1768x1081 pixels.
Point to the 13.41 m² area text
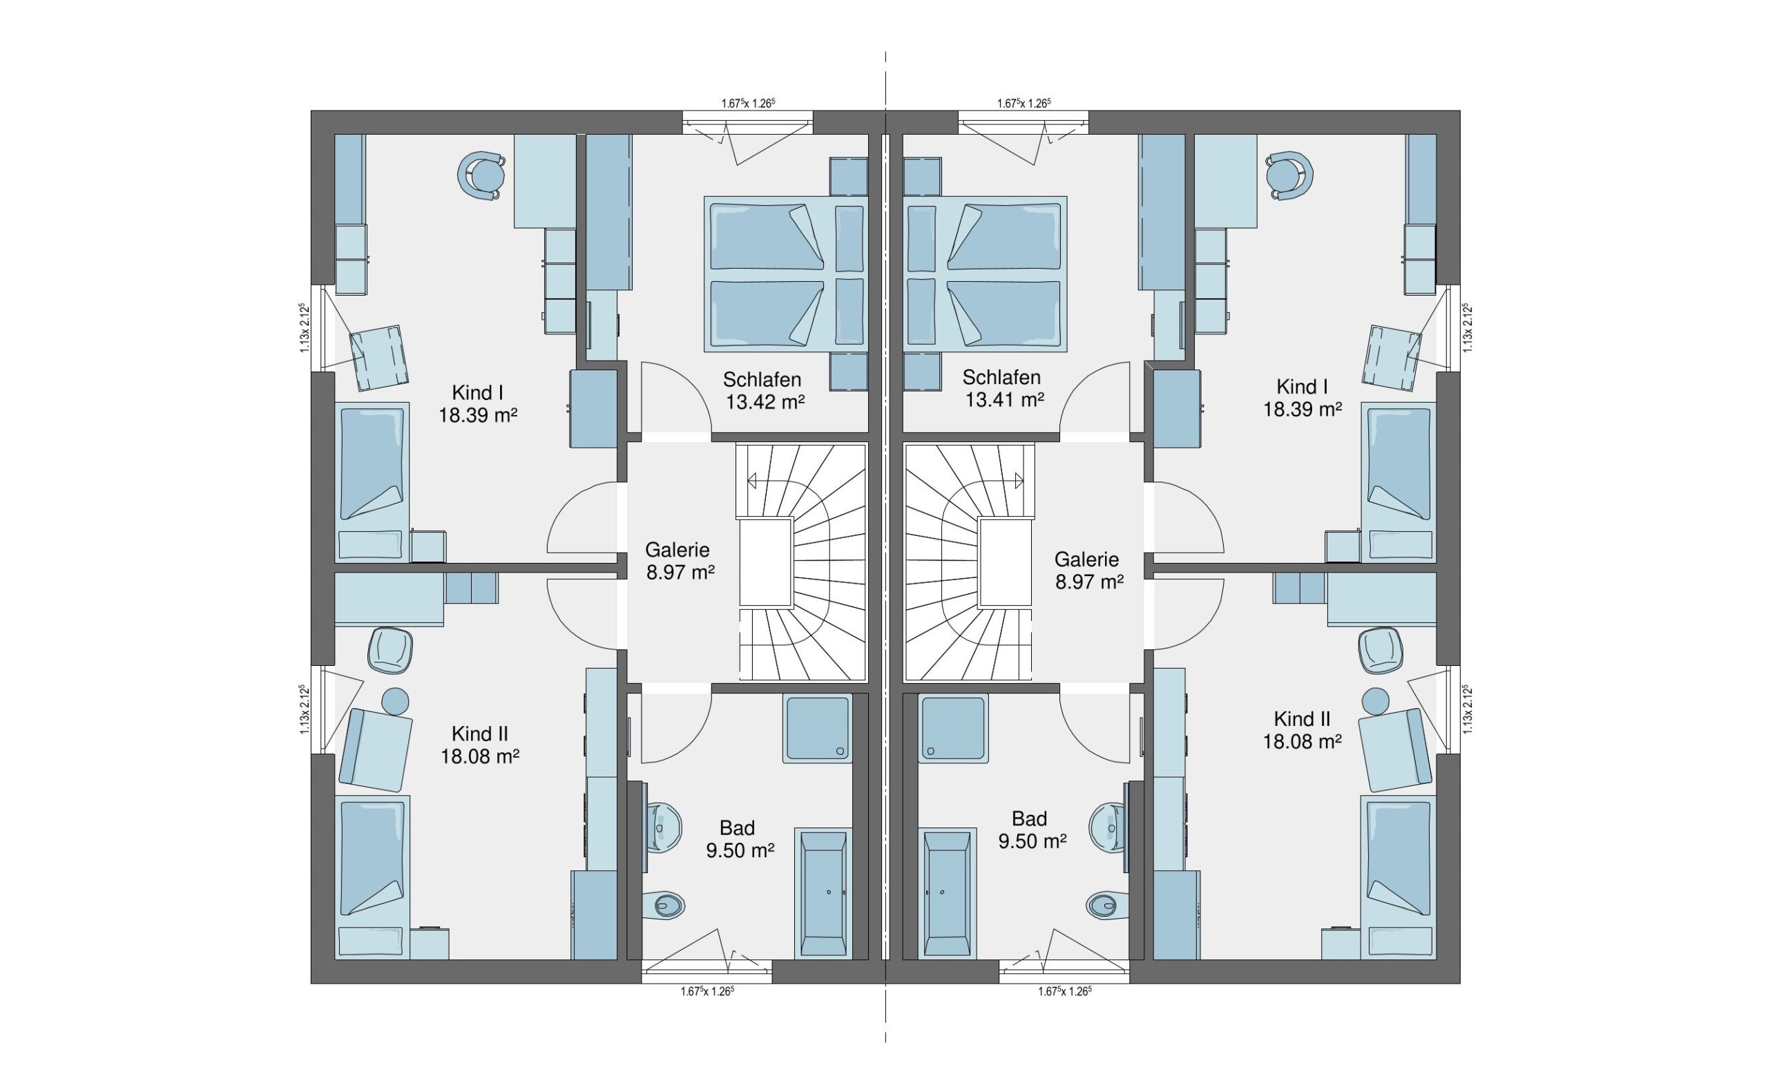point(1004,400)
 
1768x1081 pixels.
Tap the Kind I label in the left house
point(477,392)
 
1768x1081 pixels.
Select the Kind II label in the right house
point(1303,718)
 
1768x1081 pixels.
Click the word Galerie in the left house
point(678,550)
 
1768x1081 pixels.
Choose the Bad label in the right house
point(1029,819)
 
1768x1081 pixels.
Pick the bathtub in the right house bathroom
point(947,895)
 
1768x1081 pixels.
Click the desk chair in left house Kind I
point(481,175)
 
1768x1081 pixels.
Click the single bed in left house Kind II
point(373,877)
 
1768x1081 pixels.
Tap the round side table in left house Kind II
point(395,700)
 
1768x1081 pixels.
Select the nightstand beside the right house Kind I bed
point(1343,546)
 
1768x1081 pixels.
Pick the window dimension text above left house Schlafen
point(749,104)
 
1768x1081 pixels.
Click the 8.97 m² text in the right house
point(1089,582)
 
